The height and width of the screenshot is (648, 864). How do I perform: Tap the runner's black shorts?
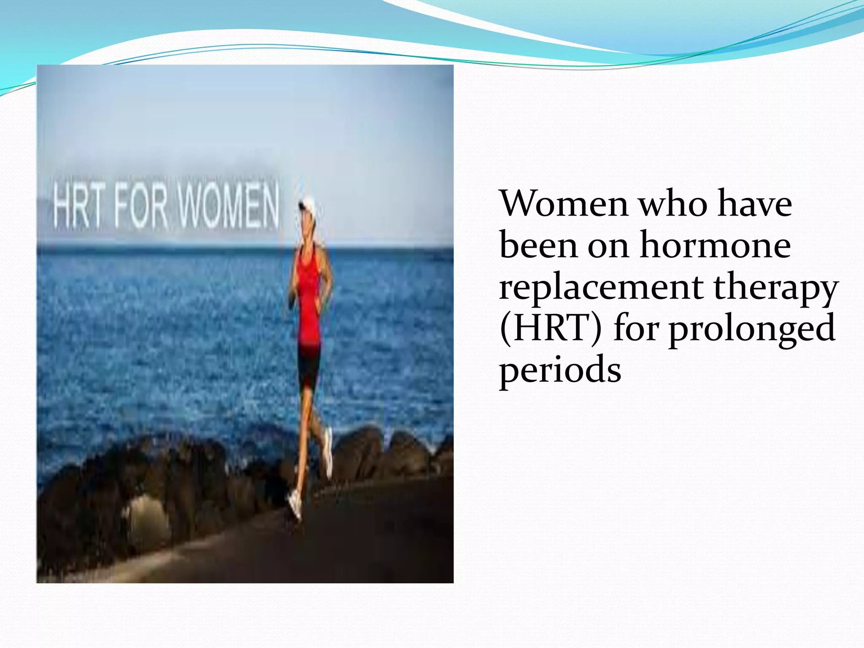click(x=309, y=365)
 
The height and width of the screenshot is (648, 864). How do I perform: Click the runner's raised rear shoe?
click(x=328, y=454)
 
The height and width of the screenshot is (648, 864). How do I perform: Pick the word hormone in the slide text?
click(x=715, y=245)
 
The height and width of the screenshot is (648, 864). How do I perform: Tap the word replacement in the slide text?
click(x=601, y=287)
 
